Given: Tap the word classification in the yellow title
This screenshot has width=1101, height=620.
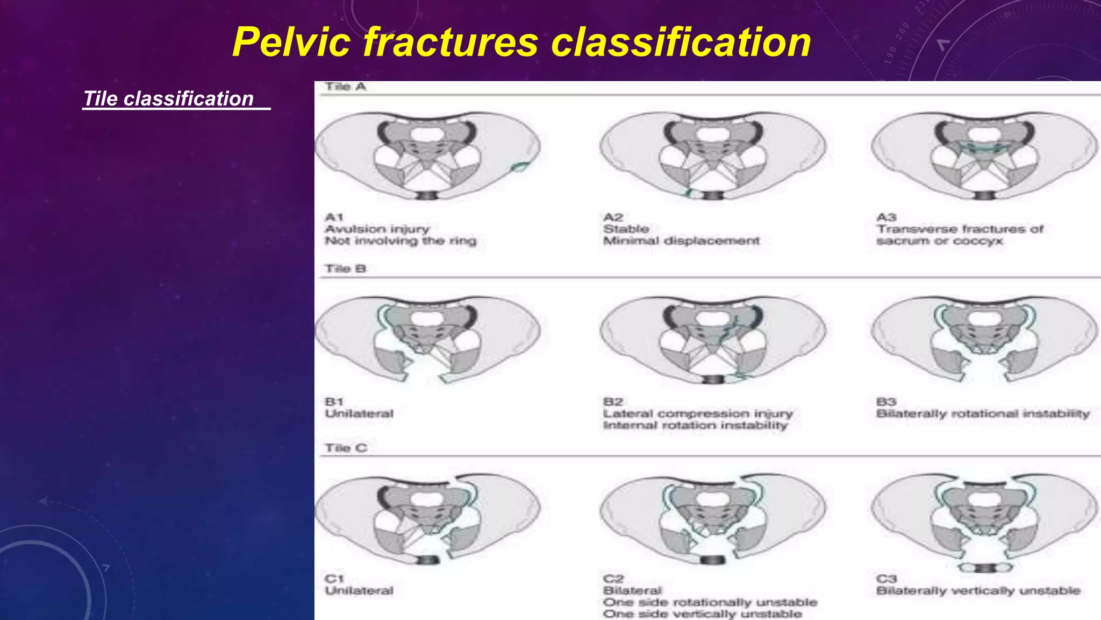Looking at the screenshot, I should coord(681,43).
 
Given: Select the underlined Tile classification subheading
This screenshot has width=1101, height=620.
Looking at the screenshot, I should coord(169,99).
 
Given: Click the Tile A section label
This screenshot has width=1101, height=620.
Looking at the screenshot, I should coord(345,87).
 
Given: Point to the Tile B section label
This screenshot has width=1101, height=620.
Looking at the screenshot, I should coord(345,269).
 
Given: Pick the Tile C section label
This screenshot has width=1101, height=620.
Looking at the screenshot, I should coord(346,448).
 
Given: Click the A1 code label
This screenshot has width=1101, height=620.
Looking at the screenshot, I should coord(334,217).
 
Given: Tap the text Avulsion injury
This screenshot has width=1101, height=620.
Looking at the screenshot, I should coord(377,229).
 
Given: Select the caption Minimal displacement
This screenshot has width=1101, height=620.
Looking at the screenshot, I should coord(681,241).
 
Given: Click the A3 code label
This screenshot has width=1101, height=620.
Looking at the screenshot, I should coord(886,217).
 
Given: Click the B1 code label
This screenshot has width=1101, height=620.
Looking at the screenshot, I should coord(334,402).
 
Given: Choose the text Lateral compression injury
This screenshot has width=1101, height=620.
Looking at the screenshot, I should coord(698,414).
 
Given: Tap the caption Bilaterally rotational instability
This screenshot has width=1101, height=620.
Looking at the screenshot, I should coord(983,414).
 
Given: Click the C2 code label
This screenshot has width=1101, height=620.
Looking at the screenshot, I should coord(613,579).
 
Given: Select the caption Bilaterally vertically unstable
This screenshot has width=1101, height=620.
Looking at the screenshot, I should coord(978,591).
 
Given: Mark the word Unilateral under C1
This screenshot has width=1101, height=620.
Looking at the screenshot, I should coord(359,591).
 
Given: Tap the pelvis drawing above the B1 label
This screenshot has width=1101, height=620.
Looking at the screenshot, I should coord(428,339).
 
